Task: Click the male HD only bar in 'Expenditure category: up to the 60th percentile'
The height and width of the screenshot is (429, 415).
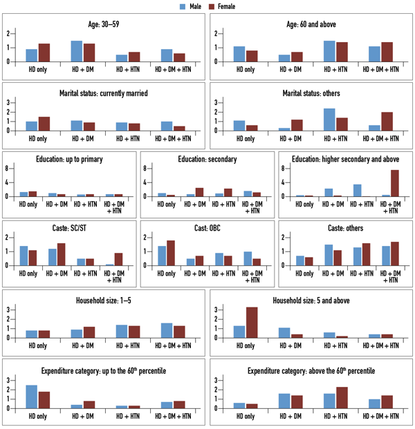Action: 32,397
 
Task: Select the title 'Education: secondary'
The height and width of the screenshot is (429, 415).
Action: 207,159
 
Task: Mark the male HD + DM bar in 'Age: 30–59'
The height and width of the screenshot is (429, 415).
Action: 77,50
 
